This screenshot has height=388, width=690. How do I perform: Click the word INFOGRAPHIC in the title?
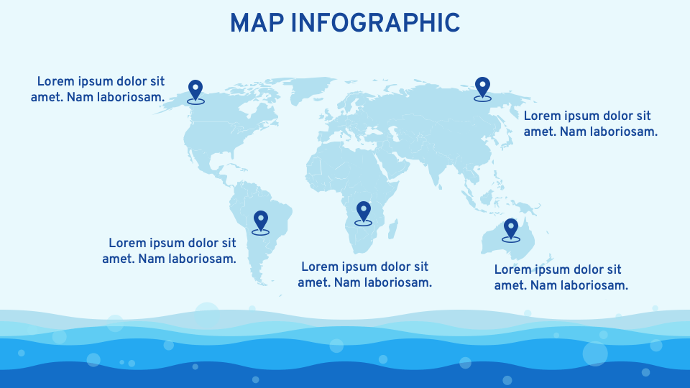point(375,23)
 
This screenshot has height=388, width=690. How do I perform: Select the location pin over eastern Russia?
point(482,88)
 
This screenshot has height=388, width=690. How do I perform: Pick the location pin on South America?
point(260,221)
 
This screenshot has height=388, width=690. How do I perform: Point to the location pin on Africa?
point(364,211)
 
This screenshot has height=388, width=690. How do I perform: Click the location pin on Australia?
point(511,228)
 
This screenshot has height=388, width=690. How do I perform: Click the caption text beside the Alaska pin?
point(98,89)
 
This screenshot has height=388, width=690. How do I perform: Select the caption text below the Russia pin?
point(590,124)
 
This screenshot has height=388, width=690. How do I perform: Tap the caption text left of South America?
point(170,251)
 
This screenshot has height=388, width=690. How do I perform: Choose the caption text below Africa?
point(365,274)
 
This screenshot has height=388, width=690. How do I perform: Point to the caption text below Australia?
point(561,277)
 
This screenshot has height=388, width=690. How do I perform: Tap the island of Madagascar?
point(392,230)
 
